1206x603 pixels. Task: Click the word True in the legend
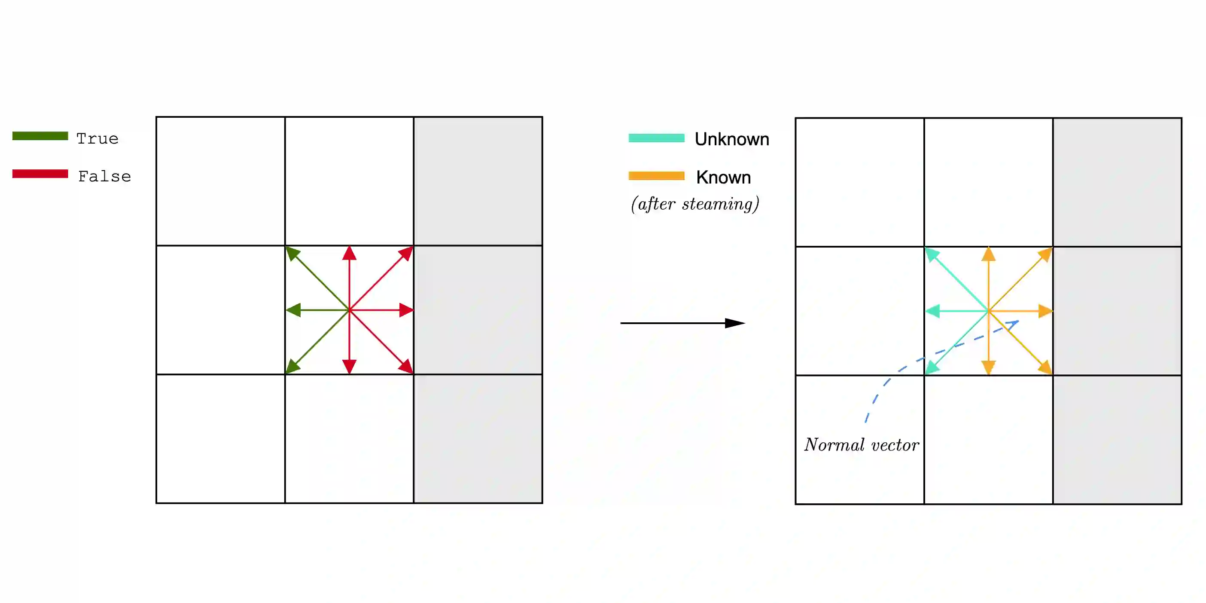(97, 139)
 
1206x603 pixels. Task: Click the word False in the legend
(104, 177)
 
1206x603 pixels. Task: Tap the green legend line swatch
(40, 136)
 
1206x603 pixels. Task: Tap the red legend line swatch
(40, 174)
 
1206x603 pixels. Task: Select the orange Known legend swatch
(656, 176)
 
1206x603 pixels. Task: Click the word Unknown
(732, 139)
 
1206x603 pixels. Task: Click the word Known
(723, 178)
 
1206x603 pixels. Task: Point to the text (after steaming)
(695, 204)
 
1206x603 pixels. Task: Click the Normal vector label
(862, 445)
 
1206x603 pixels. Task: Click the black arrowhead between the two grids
(734, 323)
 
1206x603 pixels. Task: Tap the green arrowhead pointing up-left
(292, 253)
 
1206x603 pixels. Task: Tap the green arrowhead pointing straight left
(293, 310)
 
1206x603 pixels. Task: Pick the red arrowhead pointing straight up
(349, 254)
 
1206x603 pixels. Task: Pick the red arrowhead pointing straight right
(405, 310)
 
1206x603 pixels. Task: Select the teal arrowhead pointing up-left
(931, 254)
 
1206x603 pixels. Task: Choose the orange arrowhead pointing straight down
(988, 367)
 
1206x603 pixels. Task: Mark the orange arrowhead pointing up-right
(1046, 254)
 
